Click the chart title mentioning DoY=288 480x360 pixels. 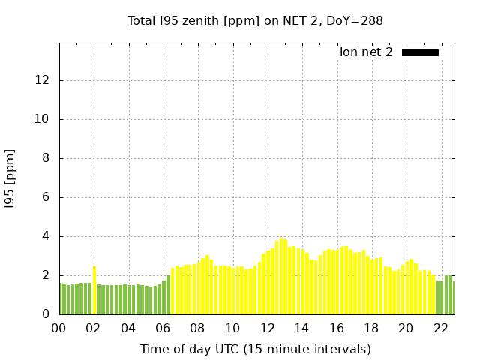pyautogui.click(x=255, y=21)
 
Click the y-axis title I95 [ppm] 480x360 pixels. pyautogui.click(x=10, y=178)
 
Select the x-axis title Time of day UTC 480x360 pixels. pyautogui.click(x=255, y=349)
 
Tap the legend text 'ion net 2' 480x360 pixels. pyautogui.click(x=366, y=52)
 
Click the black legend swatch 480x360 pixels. pyautogui.click(x=420, y=52)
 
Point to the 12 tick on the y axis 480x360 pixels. pyautogui.click(x=44, y=80)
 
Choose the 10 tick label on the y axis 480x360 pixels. pyautogui.click(x=44, y=119)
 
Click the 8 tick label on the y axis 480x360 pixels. pyautogui.click(x=47, y=158)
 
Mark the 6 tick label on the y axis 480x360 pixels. pyautogui.click(x=47, y=197)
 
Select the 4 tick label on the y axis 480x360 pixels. pyautogui.click(x=47, y=236)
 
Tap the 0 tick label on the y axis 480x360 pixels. pyautogui.click(x=47, y=314)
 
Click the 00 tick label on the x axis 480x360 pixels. pyautogui.click(x=59, y=328)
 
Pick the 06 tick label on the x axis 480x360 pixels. pyautogui.click(x=163, y=328)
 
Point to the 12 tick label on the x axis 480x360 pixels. pyautogui.click(x=267, y=328)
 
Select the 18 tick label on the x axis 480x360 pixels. pyautogui.click(x=371, y=328)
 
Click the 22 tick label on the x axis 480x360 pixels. pyautogui.click(x=440, y=328)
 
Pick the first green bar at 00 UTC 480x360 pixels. pyautogui.click(x=64, y=298)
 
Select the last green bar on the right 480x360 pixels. pyautogui.click(x=452, y=295)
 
